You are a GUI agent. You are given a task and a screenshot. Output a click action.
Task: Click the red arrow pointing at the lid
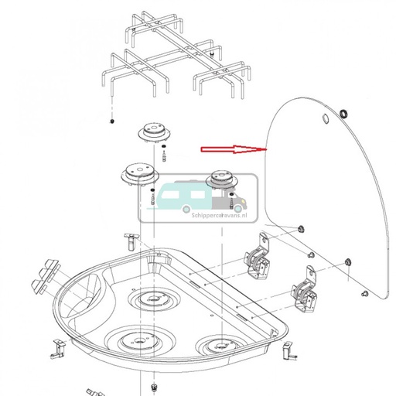[232, 148]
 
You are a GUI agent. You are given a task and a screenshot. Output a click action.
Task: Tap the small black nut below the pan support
[113, 122]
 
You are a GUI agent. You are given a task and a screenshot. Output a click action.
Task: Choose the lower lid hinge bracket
[304, 295]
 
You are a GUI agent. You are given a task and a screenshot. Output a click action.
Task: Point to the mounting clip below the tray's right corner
[288, 353]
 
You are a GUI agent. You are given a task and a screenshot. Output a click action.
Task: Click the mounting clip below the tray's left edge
[56, 350]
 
